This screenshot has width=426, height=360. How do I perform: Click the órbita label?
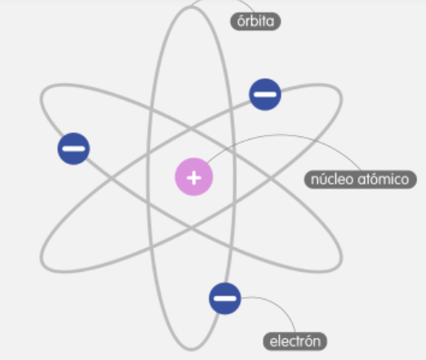pyautogui.click(x=255, y=21)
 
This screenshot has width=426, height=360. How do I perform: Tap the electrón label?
pyautogui.click(x=295, y=341)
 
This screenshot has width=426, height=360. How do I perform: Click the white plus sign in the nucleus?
pyautogui.click(x=194, y=178)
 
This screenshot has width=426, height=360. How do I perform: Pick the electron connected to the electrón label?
pyautogui.click(x=225, y=299)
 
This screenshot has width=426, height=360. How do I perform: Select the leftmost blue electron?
pyautogui.click(x=73, y=149)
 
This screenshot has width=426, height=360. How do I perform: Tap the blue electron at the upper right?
pyautogui.click(x=265, y=95)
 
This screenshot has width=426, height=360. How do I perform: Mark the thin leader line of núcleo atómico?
pyautogui.click(x=283, y=135)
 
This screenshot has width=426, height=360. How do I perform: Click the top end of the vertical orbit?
pyautogui.click(x=191, y=7)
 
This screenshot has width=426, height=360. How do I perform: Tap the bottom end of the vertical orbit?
pyautogui.click(x=191, y=349)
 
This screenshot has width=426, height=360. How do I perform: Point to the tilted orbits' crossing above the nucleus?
pyautogui.click(x=191, y=129)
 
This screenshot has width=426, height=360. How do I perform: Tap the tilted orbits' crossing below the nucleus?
pyautogui.click(x=191, y=228)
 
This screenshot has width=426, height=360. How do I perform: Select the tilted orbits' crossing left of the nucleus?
pyautogui.click(x=111, y=178)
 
